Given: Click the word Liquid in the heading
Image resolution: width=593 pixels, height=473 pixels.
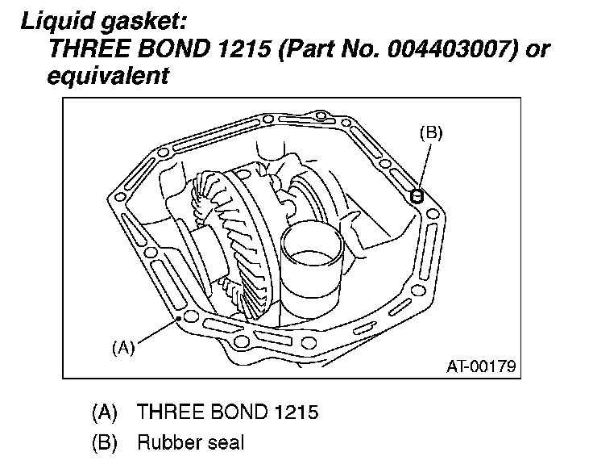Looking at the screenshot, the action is click(x=58, y=21).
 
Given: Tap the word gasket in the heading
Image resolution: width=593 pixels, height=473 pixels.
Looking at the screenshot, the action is click(x=144, y=22).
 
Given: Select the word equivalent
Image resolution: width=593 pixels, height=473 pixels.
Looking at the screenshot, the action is click(x=108, y=76).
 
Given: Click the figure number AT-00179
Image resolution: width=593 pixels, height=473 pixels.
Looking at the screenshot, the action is click(x=481, y=366).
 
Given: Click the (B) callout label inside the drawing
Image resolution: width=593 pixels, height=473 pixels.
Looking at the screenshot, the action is click(x=431, y=133).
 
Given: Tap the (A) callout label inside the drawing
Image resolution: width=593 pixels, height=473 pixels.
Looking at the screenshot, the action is click(x=123, y=347).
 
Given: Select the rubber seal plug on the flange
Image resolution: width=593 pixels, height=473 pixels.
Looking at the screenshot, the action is click(x=417, y=196).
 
